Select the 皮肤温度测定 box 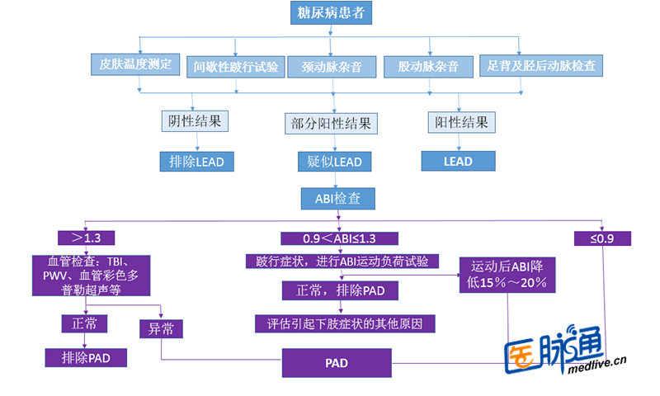pos(135,64)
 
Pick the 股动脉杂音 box pos(428,67)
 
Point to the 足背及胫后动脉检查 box pos(541,64)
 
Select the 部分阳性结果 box pos(332,124)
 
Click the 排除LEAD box pos(196,161)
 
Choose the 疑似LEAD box pos(335,161)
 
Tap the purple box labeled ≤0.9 pos(602,238)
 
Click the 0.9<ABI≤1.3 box pos(339,238)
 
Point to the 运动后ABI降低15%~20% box pos(508,275)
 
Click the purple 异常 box pos(161,328)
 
